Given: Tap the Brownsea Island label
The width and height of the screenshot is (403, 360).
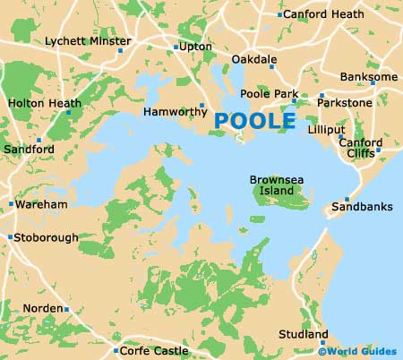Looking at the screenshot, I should [276, 185].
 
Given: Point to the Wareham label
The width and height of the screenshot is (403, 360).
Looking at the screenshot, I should [42, 205].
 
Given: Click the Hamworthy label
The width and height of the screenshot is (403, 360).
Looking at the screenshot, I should [170, 112].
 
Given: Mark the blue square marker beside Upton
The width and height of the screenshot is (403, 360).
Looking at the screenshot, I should [176, 47].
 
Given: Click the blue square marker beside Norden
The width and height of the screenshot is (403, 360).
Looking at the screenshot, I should [66, 309].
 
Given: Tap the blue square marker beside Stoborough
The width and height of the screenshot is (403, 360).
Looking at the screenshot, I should [10, 237].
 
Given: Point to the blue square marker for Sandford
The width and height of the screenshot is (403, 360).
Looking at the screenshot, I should [39, 140].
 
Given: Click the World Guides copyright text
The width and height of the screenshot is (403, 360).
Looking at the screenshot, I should [360, 351].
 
